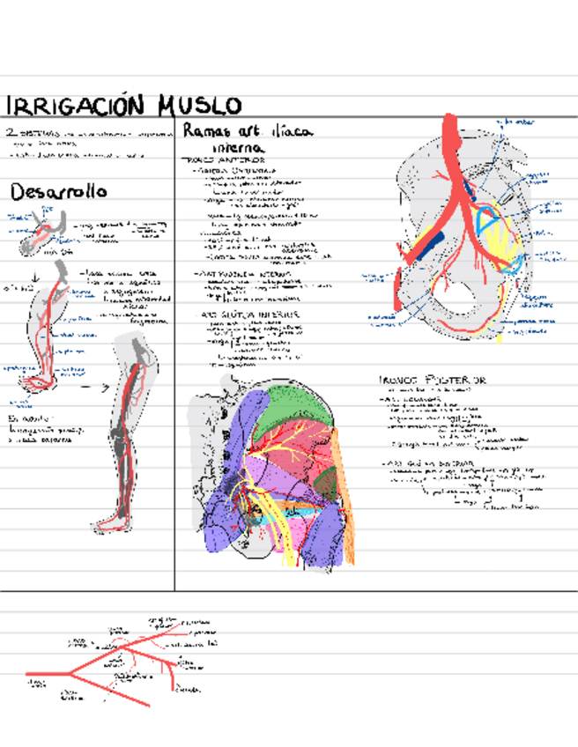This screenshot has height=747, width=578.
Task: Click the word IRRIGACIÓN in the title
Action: pyautogui.click(x=75, y=106)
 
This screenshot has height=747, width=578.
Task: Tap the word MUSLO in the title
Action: pyautogui.click(x=200, y=106)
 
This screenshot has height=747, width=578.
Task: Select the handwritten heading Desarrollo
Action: pyautogui.click(x=58, y=191)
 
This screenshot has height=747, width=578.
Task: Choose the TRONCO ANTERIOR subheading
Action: pyautogui.click(x=220, y=160)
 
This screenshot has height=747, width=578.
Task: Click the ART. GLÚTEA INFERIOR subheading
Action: pyautogui.click(x=251, y=314)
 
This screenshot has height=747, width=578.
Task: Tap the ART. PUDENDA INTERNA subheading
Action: pyautogui.click(x=248, y=273)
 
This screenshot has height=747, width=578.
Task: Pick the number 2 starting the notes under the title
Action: pyautogui.click(x=11, y=131)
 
